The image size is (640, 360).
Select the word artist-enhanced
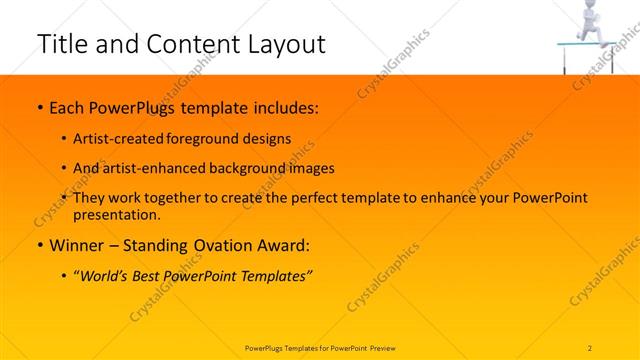(151, 169)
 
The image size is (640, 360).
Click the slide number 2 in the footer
(591, 348)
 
